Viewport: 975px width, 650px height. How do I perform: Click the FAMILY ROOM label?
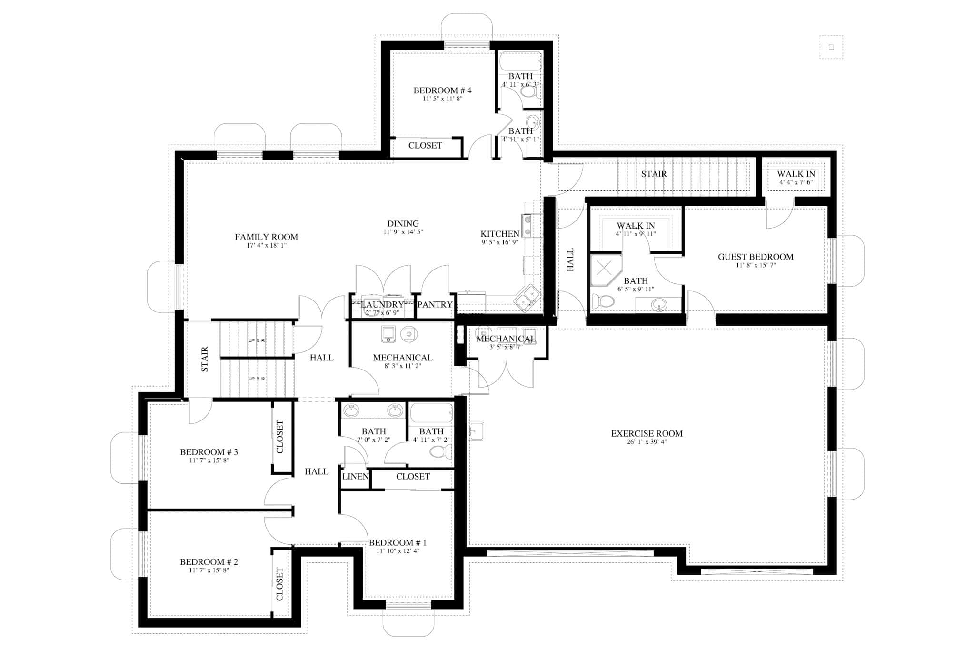point(266,237)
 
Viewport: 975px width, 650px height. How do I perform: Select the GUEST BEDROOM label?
point(756,257)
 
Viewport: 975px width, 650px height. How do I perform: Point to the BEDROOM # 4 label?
point(442,90)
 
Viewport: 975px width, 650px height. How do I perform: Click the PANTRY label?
point(435,305)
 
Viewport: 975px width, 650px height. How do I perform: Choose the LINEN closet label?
point(355,477)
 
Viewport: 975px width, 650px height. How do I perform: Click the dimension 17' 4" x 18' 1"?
point(266,246)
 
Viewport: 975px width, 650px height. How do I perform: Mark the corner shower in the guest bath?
point(604,269)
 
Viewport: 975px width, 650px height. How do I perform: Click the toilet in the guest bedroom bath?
point(603,301)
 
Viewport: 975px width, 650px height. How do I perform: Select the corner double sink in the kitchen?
point(527,299)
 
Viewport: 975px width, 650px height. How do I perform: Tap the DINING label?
point(403,224)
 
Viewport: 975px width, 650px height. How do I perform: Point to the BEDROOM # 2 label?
point(209,562)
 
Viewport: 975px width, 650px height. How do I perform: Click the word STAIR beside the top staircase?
point(654,174)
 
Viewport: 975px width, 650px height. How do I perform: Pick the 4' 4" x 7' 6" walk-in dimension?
point(796,182)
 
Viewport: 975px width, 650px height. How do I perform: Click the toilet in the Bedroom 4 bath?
point(528,91)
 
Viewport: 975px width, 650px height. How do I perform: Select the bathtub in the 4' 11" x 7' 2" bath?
point(431,413)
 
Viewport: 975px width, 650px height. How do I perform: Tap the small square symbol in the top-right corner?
point(831,47)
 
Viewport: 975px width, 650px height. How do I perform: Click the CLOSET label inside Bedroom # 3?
point(279,437)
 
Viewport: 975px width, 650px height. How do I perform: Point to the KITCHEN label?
point(499,234)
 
